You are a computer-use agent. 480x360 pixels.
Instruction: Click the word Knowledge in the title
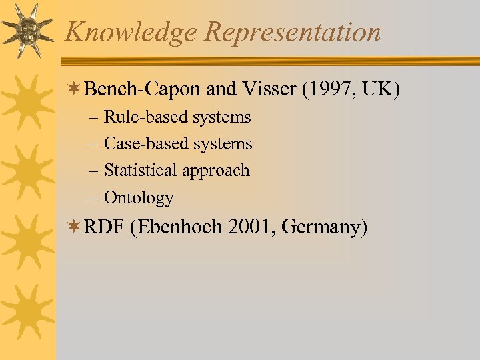pyautogui.click(x=130, y=32)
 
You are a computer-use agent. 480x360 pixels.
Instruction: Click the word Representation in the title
pyautogui.click(x=293, y=32)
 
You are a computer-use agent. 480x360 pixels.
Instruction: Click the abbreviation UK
pyautogui.click(x=378, y=89)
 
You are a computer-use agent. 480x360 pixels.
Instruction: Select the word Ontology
pyautogui.click(x=139, y=198)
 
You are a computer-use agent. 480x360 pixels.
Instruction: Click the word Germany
pyautogui.click(x=325, y=227)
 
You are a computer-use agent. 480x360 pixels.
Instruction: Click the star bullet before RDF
pyautogui.click(x=75, y=227)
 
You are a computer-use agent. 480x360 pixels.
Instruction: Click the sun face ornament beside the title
pyautogui.click(x=27, y=30)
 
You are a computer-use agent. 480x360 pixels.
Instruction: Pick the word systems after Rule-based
pyautogui.click(x=222, y=117)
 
